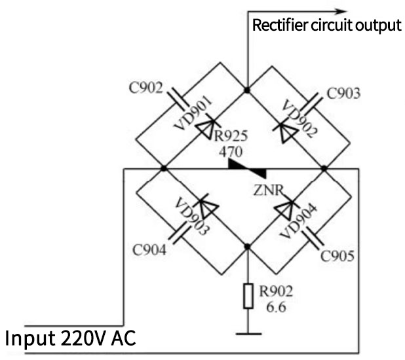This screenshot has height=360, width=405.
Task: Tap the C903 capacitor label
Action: (x=343, y=94)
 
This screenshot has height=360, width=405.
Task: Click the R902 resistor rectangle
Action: (x=247, y=296)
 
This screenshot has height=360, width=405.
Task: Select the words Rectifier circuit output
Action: (x=326, y=26)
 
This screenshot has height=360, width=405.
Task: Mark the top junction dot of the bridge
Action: (x=247, y=88)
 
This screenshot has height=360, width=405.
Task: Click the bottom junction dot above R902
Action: (x=247, y=247)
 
